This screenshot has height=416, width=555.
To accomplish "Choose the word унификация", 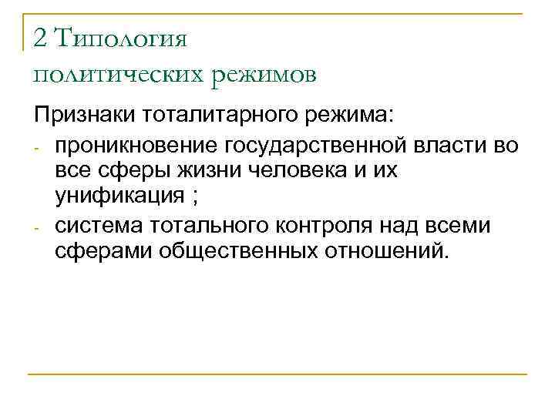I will pyautogui.click(x=118, y=195).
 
